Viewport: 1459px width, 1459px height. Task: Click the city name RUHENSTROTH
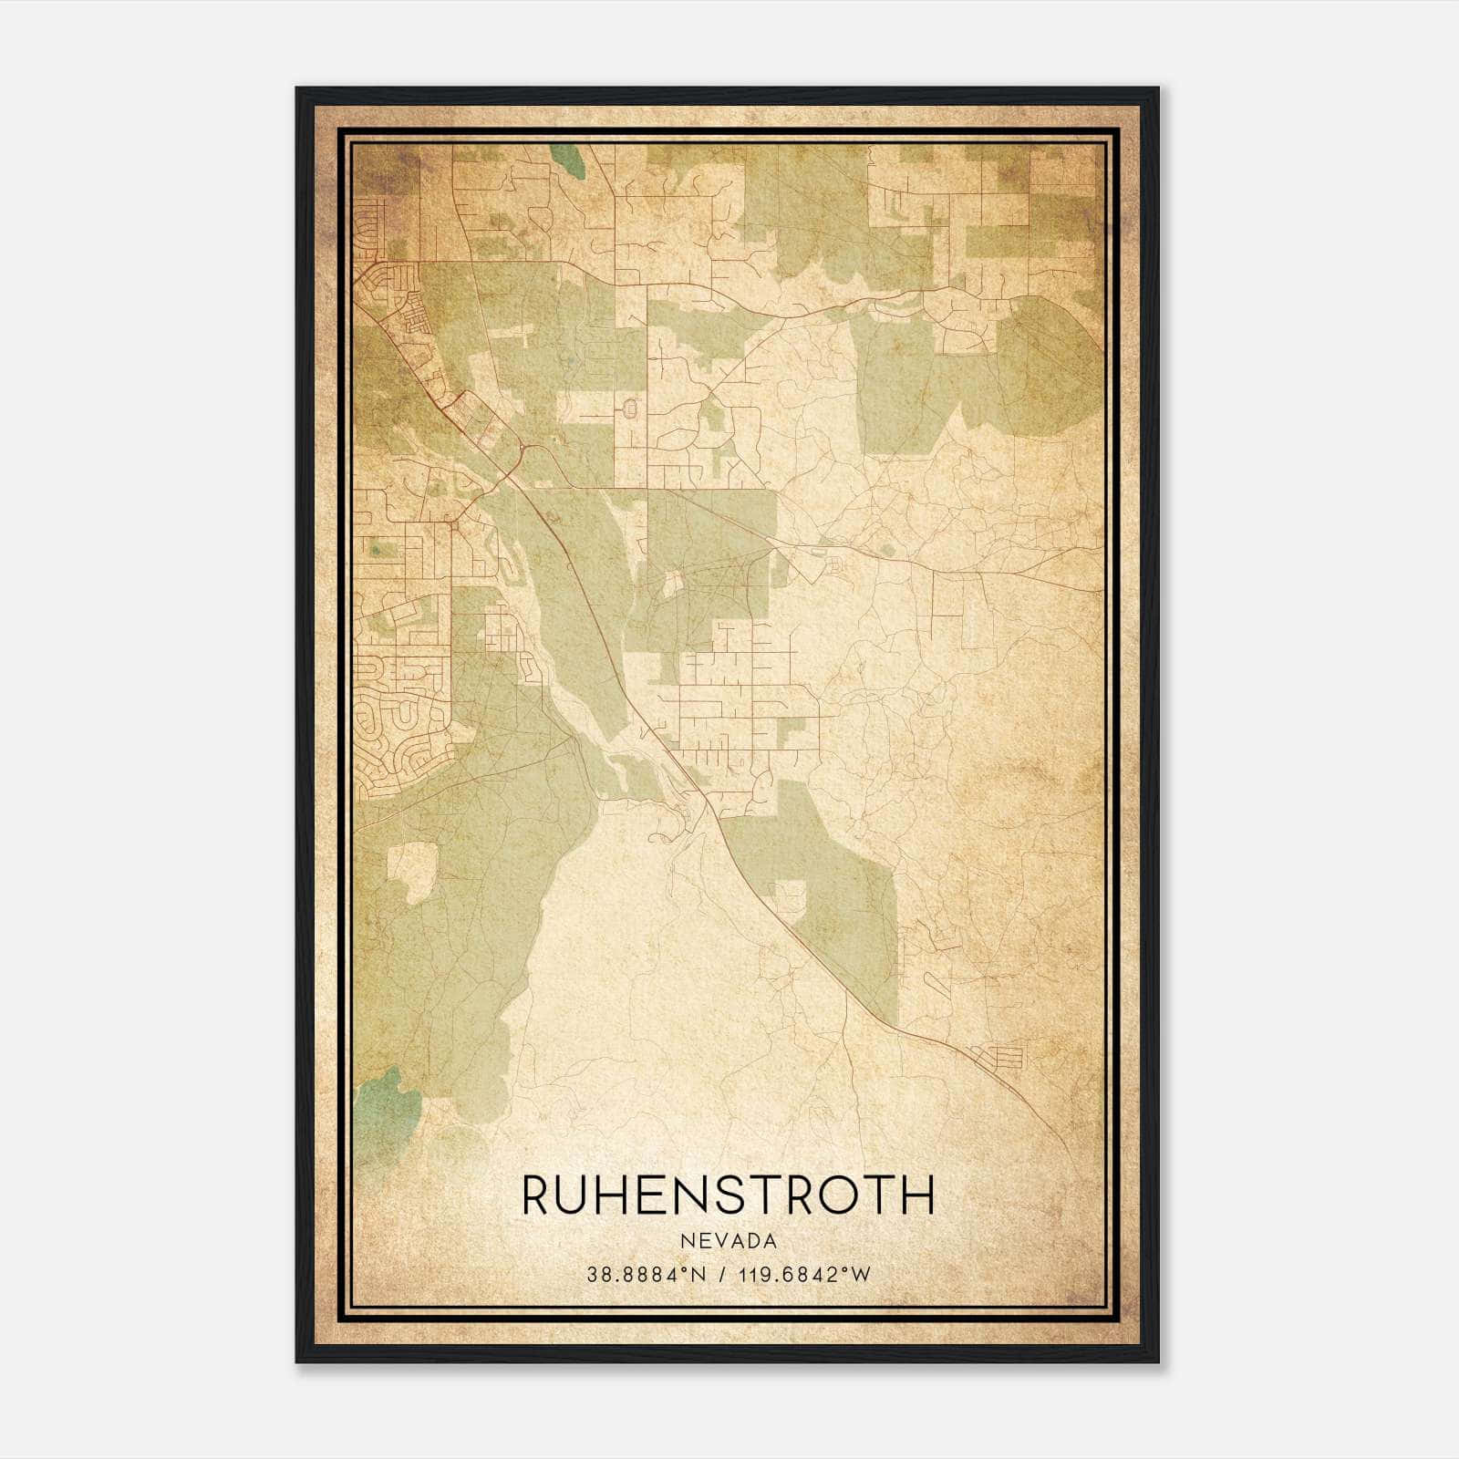coord(728,1195)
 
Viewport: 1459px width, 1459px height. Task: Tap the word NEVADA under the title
coord(728,1241)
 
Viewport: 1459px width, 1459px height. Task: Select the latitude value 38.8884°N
coord(647,1275)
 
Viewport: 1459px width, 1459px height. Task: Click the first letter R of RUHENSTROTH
coord(535,1195)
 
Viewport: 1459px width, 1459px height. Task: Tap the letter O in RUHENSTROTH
coord(840,1195)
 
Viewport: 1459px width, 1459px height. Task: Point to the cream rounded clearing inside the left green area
coord(412,870)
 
